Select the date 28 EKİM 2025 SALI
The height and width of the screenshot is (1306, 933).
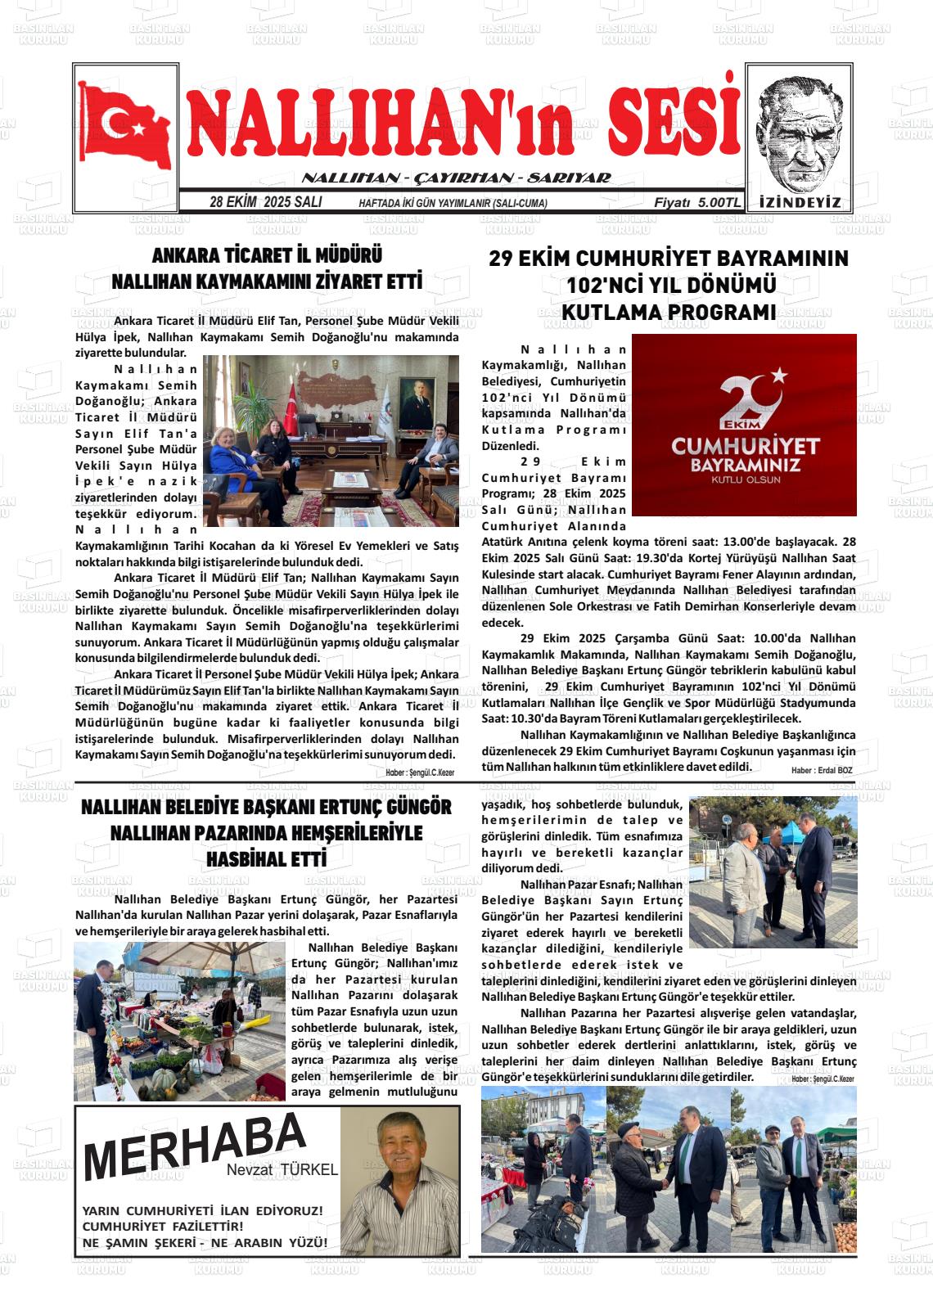(265, 202)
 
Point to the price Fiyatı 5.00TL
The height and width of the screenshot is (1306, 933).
(696, 202)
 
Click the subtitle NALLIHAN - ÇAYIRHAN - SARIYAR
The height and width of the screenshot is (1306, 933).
(456, 178)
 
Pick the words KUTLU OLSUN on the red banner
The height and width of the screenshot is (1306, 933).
(746, 480)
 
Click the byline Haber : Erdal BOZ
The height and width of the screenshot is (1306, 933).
(822, 770)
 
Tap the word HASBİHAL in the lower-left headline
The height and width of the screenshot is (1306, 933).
(245, 860)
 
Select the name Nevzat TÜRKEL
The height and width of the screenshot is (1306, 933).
(282, 1170)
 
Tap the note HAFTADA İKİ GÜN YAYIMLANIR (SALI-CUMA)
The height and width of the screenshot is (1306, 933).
(453, 204)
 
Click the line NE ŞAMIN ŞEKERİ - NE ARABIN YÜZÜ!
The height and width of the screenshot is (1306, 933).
(205, 1242)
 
